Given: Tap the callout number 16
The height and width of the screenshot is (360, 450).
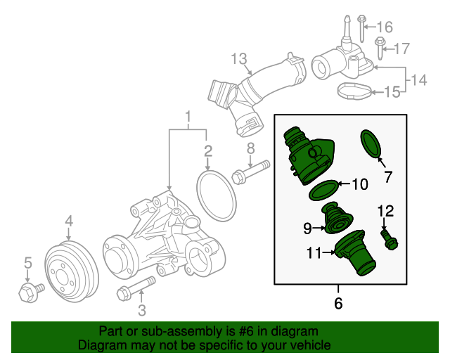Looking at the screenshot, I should (x=384, y=27).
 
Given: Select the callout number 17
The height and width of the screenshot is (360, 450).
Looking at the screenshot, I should (x=400, y=49).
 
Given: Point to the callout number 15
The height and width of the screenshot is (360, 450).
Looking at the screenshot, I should (x=392, y=91).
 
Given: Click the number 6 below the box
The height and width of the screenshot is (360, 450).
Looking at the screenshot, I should (x=338, y=304).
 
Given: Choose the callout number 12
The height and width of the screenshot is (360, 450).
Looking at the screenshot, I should (x=385, y=210).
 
